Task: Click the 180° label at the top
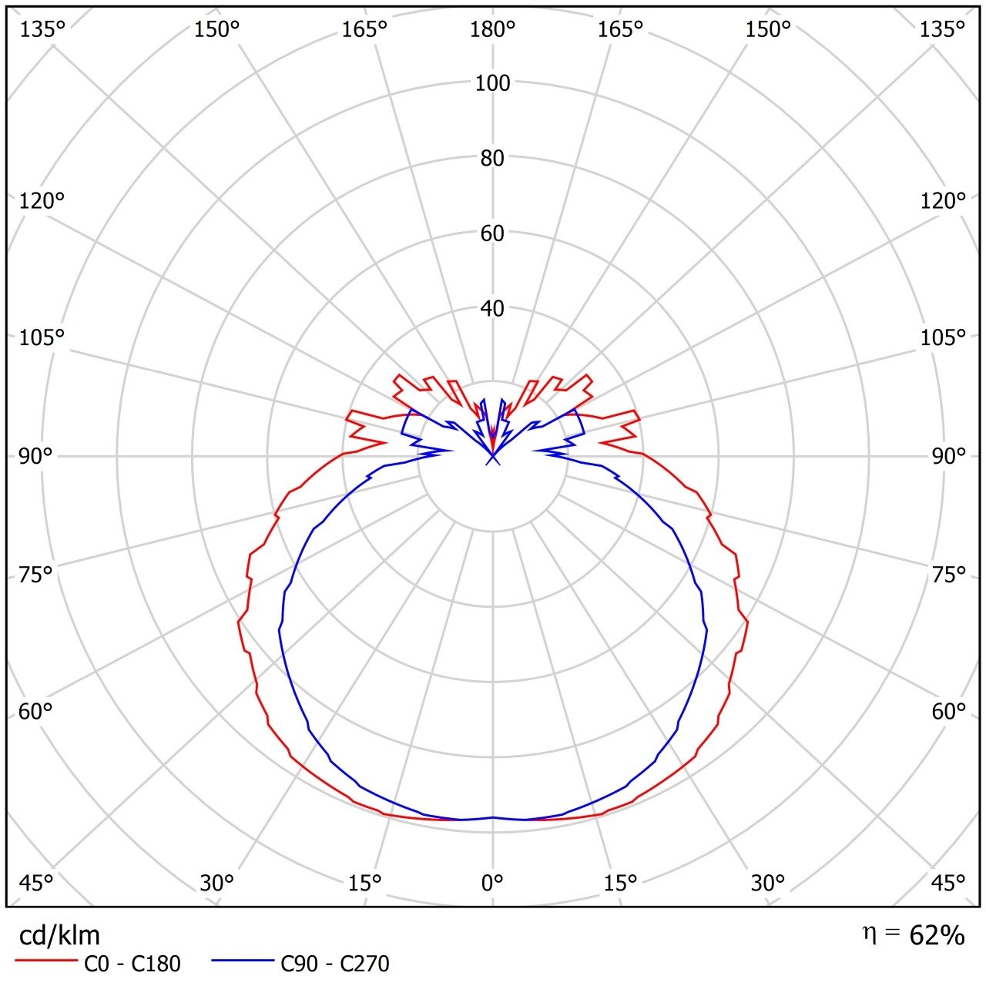pyautogui.click(x=493, y=29)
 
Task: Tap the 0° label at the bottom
pyautogui.click(x=493, y=883)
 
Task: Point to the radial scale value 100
pyautogui.click(x=493, y=83)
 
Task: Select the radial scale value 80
pyautogui.click(x=493, y=159)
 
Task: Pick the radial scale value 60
pyautogui.click(x=493, y=233)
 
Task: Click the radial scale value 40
pyautogui.click(x=493, y=309)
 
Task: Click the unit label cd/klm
pyautogui.click(x=59, y=935)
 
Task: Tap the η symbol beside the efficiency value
pyautogui.click(x=869, y=934)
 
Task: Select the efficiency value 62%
pyautogui.click(x=937, y=935)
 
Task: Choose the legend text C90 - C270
pyautogui.click(x=335, y=964)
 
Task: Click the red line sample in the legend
pyautogui.click(x=47, y=961)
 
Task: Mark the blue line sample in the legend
pyautogui.click(x=243, y=961)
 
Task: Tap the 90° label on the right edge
pyautogui.click(x=949, y=457)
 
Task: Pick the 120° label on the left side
pyautogui.click(x=41, y=201)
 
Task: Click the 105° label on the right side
pyautogui.click(x=943, y=338)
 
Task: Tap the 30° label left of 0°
pyautogui.click(x=216, y=883)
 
